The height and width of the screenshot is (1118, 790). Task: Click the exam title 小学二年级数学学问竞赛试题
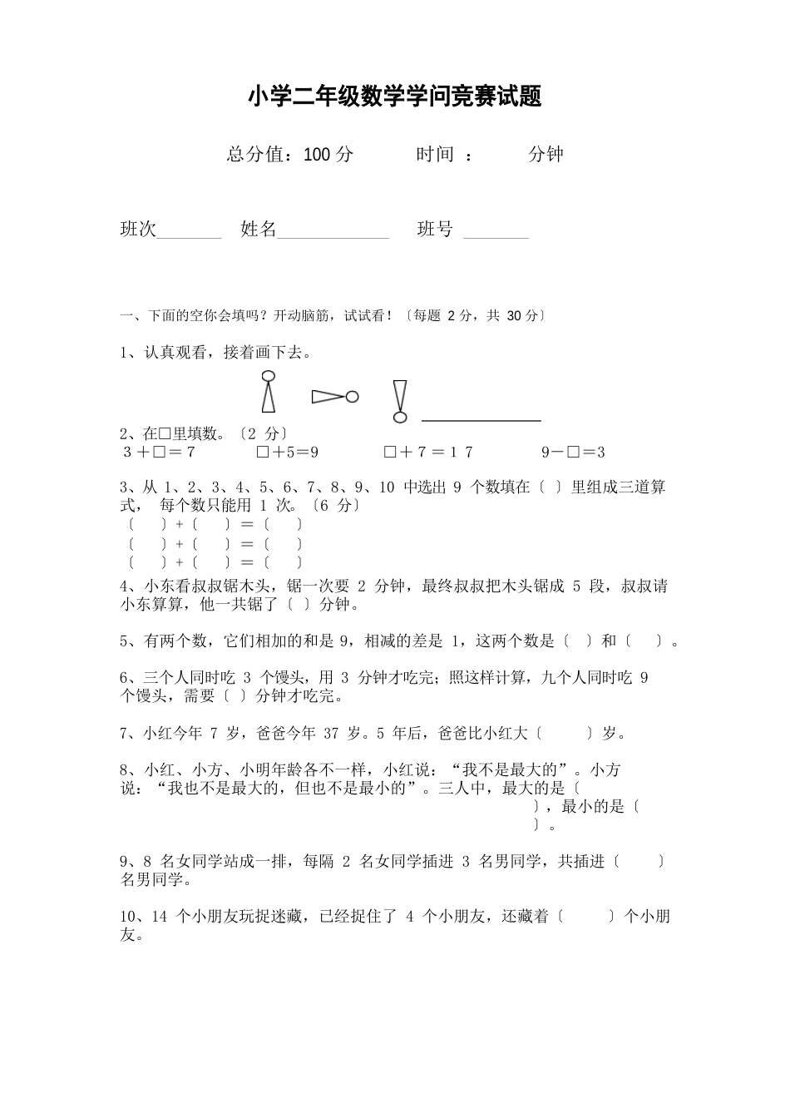click(x=394, y=96)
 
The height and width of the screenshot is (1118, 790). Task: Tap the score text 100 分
click(x=329, y=154)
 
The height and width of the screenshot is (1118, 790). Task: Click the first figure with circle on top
click(x=268, y=391)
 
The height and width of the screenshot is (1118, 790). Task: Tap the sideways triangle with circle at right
click(x=335, y=397)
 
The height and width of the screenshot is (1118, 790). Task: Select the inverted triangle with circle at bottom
click(x=401, y=401)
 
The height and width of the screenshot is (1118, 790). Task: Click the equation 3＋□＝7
click(x=159, y=452)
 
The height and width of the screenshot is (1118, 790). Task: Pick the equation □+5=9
click(x=288, y=452)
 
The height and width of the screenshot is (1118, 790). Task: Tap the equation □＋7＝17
click(x=428, y=452)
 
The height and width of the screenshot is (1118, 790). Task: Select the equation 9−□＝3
click(x=573, y=452)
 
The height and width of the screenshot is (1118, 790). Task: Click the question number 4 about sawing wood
click(x=125, y=586)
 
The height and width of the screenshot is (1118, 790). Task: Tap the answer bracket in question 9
click(x=639, y=862)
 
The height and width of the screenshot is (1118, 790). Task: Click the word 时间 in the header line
click(x=435, y=154)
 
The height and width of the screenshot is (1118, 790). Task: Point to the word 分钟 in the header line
click(x=546, y=154)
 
